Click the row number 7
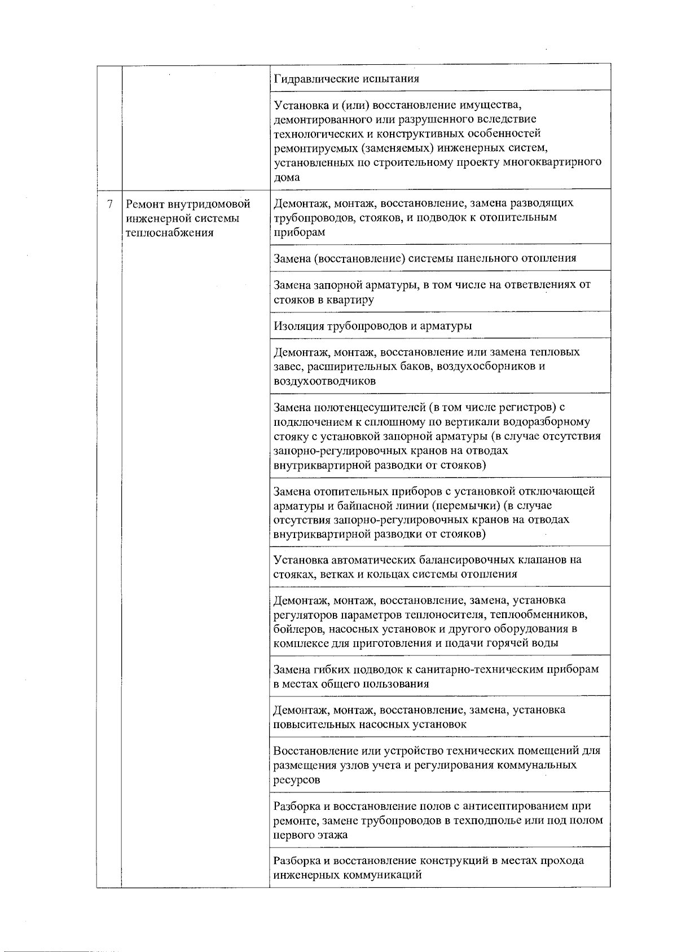[x=110, y=204]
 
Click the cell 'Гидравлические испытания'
[x=440, y=78]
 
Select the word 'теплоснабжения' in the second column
[x=169, y=232]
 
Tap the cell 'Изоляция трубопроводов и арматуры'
[x=440, y=325]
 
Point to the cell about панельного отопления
[x=440, y=258]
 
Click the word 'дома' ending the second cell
[x=287, y=177]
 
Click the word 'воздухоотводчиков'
[x=324, y=381]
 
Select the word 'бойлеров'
[x=296, y=629]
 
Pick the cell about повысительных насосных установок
[x=440, y=717]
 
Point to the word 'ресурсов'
[x=297, y=780]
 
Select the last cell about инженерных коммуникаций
[x=440, y=868]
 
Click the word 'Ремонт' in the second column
[x=145, y=204]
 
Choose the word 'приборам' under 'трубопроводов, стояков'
[x=299, y=232]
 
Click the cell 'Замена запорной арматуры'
[x=440, y=292]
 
